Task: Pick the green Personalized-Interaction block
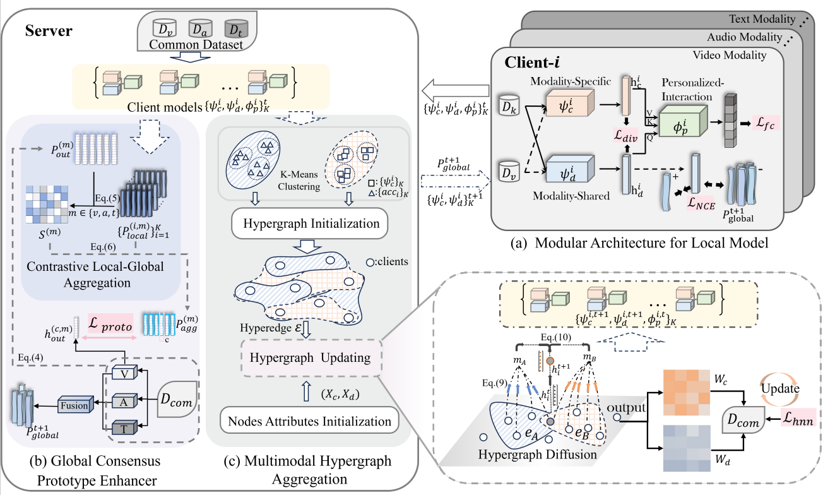point(680,120)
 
